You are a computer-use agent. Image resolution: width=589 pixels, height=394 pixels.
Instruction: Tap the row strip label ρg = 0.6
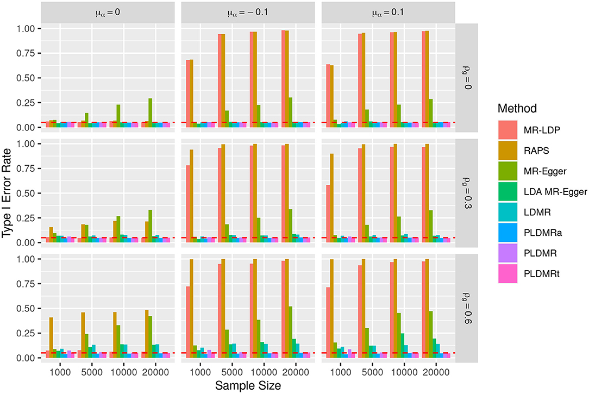pos(468,308)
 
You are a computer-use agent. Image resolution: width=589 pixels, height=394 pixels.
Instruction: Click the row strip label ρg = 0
pos(468,77)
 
